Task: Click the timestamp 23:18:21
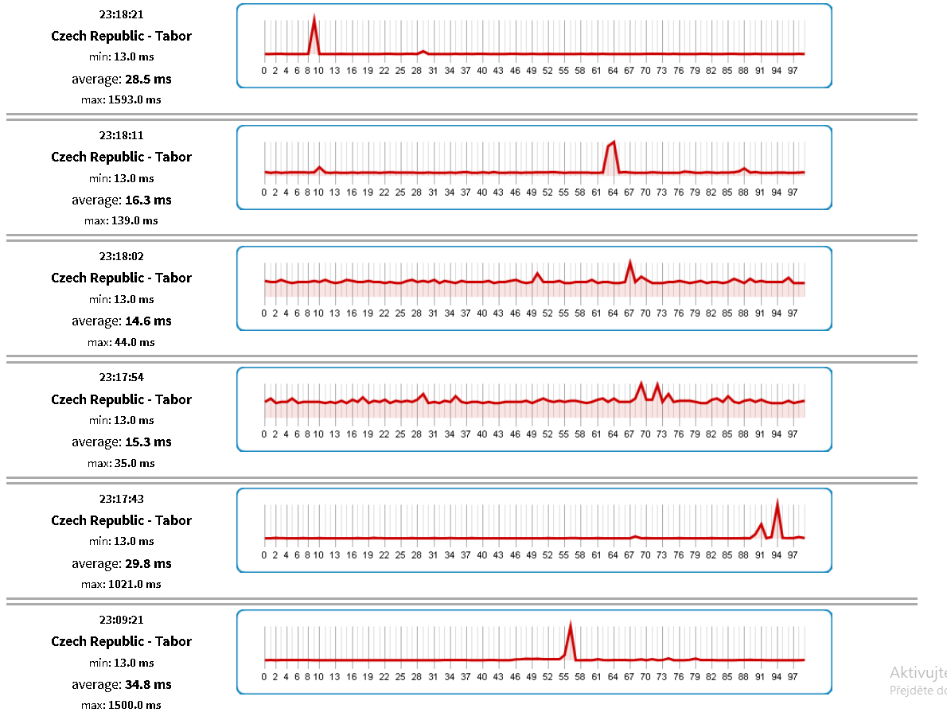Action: pos(121,14)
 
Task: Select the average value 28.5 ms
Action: pos(147,79)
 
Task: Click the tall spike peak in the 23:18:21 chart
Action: pos(314,17)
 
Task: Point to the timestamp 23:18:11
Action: pos(121,135)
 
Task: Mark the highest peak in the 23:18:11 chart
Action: pos(614,142)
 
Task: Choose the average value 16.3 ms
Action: pos(147,200)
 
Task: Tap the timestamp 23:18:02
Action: pos(121,256)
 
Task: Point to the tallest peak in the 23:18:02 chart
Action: pos(630,262)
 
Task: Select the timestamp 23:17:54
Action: pos(121,377)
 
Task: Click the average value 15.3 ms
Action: pos(147,442)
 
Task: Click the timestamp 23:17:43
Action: pos(121,499)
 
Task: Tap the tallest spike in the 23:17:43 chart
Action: pos(777,502)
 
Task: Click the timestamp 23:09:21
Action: pos(121,619)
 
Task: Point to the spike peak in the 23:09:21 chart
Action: pos(571,625)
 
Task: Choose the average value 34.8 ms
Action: pos(147,684)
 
